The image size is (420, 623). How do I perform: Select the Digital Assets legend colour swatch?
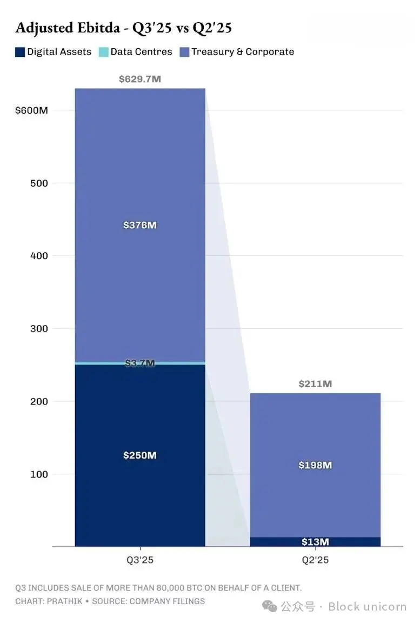tap(20, 52)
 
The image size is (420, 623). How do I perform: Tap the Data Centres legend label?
tap(141, 52)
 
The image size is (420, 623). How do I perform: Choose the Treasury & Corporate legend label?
tap(243, 52)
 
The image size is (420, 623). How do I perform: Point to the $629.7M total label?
tap(140, 79)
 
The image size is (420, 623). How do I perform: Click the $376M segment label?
tap(140, 225)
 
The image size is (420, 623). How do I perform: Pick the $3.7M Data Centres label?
tap(140, 363)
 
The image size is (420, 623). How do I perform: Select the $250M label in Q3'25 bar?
tap(140, 455)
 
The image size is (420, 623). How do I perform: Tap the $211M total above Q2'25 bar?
tap(315, 384)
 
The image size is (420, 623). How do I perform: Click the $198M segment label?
tap(315, 465)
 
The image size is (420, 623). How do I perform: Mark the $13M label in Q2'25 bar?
tap(315, 542)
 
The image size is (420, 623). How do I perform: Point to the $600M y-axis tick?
tap(32, 110)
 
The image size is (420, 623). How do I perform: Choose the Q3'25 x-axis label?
tap(140, 560)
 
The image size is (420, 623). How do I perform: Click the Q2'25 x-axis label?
tap(315, 560)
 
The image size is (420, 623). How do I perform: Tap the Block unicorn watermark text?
tap(367, 606)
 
